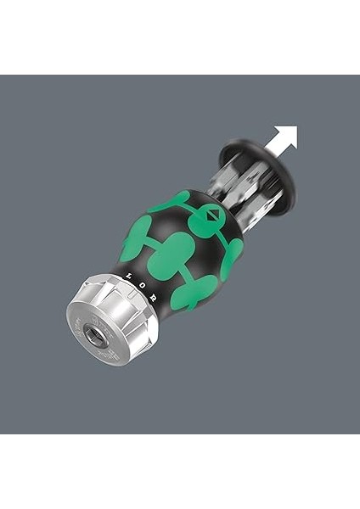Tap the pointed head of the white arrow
click(x=290, y=132)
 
